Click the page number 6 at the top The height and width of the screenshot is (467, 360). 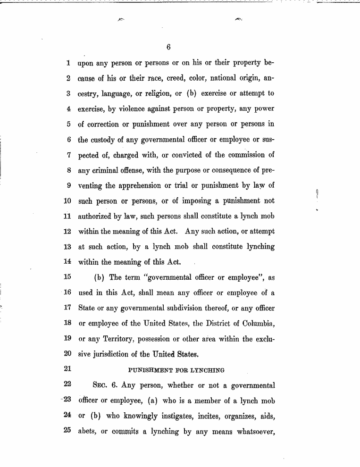tap(168, 47)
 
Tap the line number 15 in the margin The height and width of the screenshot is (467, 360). tap(67, 277)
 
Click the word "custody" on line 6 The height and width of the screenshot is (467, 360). tap(106, 140)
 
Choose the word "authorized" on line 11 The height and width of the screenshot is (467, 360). tap(96, 217)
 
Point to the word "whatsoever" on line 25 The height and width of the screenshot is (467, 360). tap(253, 432)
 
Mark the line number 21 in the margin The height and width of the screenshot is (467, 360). tap(67, 370)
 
